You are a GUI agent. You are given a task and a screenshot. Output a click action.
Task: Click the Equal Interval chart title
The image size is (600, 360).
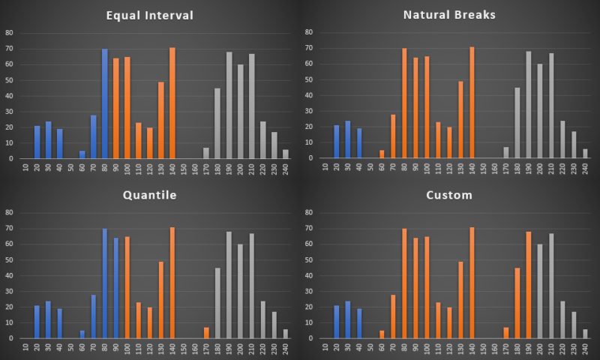click(x=149, y=14)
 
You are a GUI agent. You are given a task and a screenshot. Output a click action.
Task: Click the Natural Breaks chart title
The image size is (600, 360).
click(x=449, y=14)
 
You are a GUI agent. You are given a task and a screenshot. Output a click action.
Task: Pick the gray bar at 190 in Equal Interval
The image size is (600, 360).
click(x=229, y=105)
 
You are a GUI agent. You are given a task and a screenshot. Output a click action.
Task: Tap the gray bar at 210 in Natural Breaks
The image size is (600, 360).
click(x=551, y=106)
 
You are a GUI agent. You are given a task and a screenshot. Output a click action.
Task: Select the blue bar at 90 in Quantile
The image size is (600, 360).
click(x=116, y=288)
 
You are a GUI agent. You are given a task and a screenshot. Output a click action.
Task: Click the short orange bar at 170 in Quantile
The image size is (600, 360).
click(x=207, y=333)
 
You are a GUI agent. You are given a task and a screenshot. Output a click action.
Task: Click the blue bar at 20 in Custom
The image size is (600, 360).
click(x=337, y=322)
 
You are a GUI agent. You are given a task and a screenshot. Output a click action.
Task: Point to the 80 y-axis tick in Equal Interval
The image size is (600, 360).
click(x=9, y=32)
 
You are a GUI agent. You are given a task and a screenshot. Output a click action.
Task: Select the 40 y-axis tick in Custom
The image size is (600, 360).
click(x=308, y=275)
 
